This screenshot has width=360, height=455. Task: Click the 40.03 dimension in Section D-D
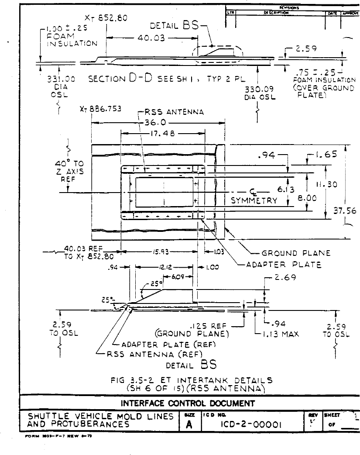click(150, 38)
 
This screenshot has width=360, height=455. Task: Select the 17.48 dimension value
click(159, 134)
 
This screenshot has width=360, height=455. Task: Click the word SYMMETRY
click(254, 201)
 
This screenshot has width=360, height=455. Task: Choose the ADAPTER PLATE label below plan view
click(284, 265)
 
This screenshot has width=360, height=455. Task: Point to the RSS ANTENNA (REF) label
click(147, 354)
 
